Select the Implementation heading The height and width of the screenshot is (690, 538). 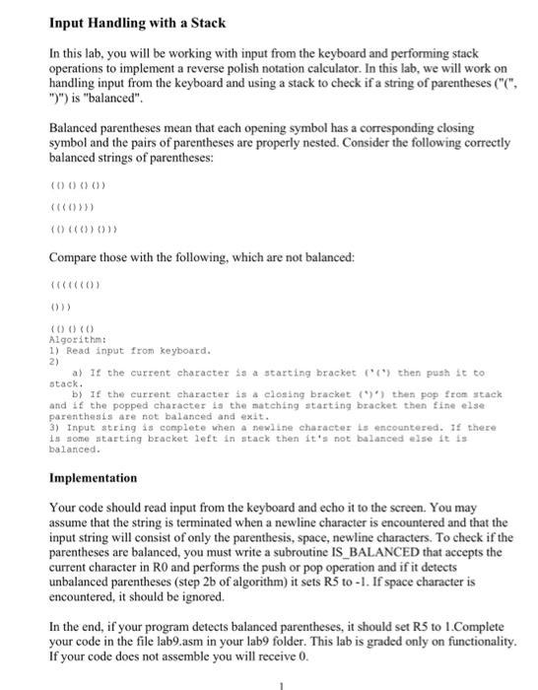94,477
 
